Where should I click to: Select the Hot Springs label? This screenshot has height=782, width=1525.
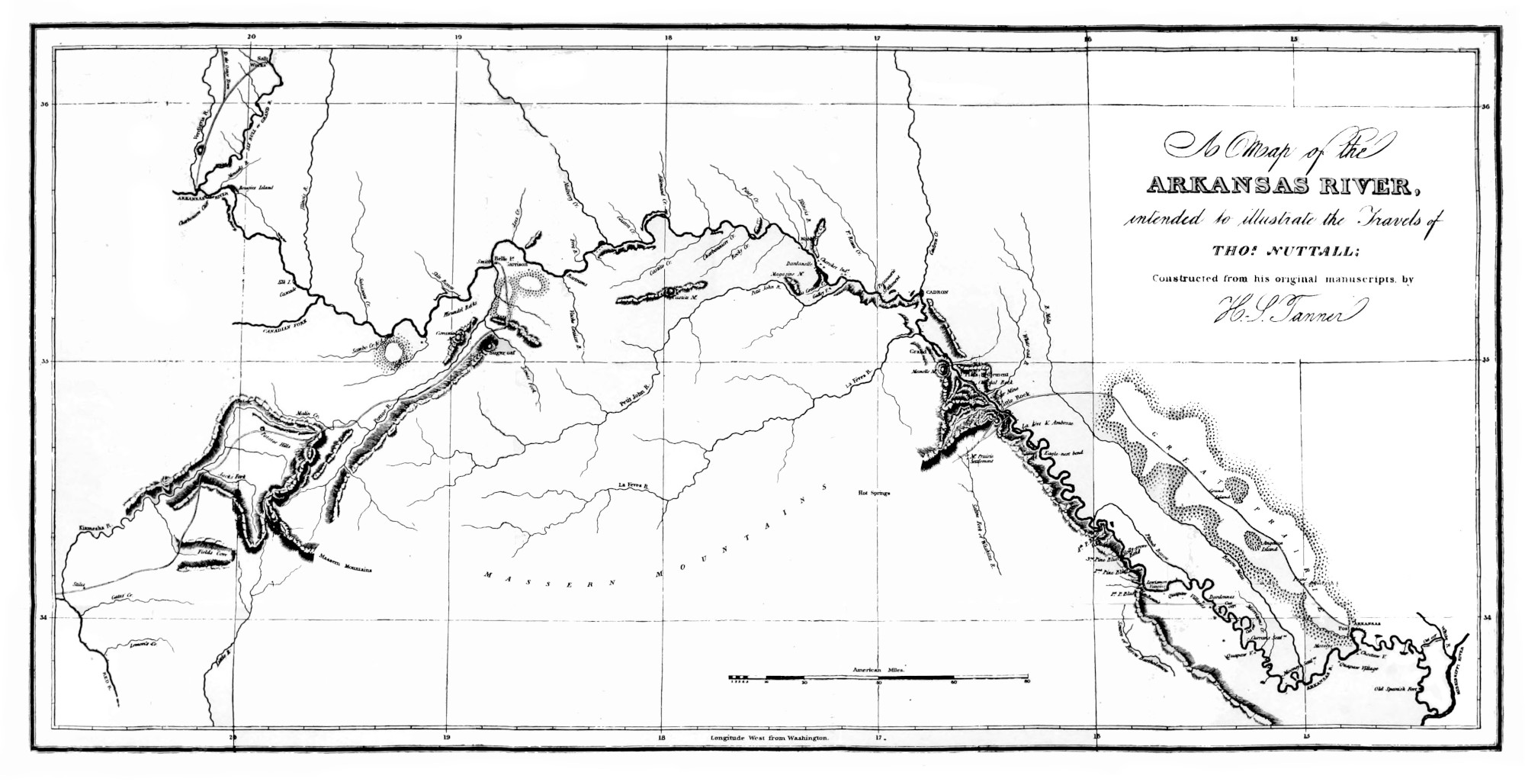pyautogui.click(x=874, y=493)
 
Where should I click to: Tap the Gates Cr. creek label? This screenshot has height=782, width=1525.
pyautogui.click(x=122, y=595)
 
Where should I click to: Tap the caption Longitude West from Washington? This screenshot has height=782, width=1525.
pyautogui.click(x=770, y=739)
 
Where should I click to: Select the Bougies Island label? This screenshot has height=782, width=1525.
pyautogui.click(x=255, y=187)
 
